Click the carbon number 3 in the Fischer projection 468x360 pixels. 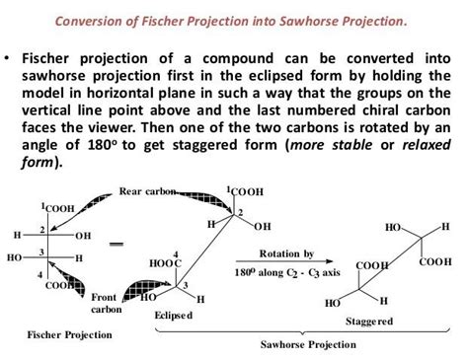pyautogui.click(x=41, y=252)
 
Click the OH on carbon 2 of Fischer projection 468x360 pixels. pyautogui.click(x=83, y=236)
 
